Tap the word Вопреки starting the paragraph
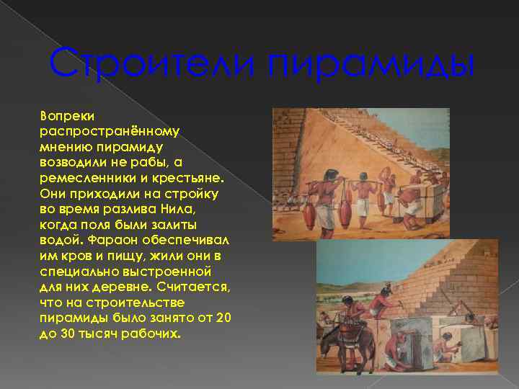(63, 115)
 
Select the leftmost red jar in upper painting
(309, 215)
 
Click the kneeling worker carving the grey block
(394, 354)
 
